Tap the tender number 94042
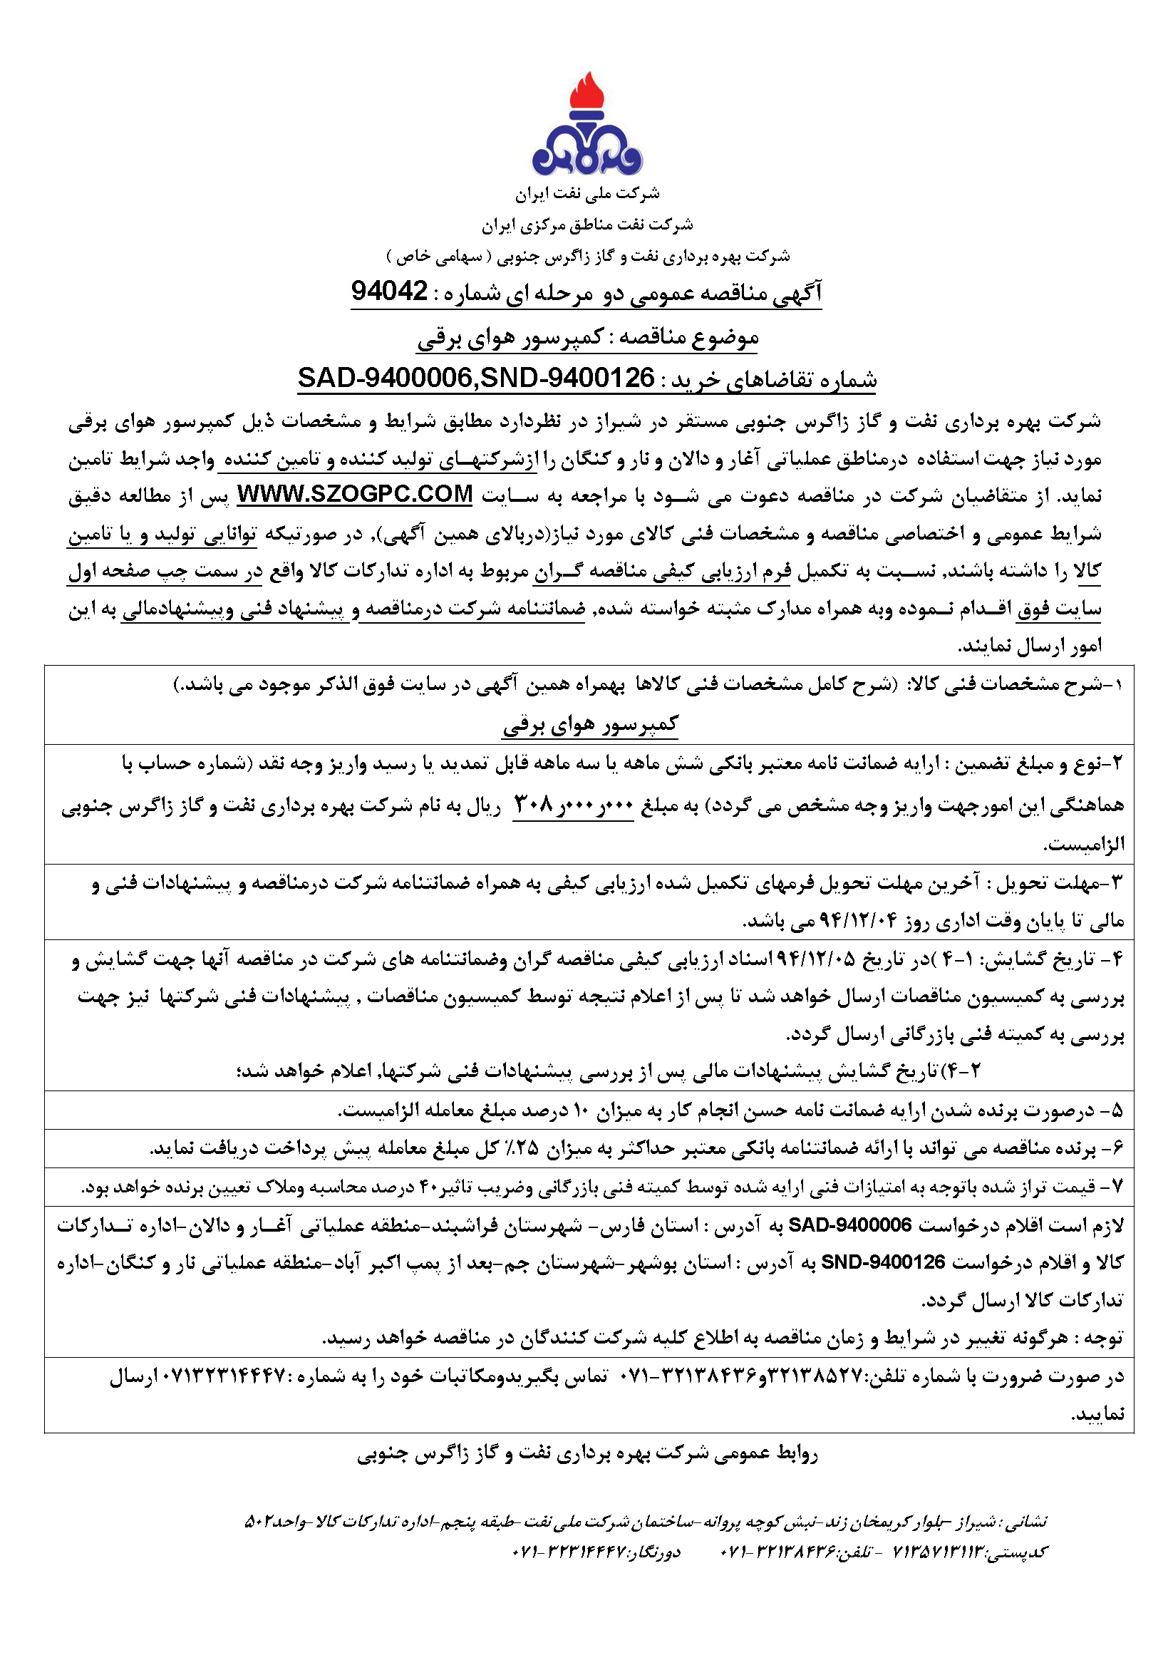click(x=389, y=291)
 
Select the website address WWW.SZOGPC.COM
click(x=356, y=495)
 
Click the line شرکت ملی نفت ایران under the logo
click(x=587, y=194)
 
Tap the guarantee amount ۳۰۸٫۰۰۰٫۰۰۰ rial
click(x=573, y=804)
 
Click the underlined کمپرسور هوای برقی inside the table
click(x=590, y=724)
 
